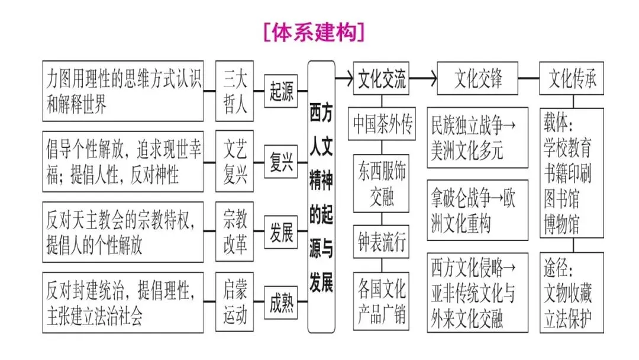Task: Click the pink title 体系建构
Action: (314, 32)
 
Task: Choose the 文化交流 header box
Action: (382, 79)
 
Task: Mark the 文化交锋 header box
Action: (477, 79)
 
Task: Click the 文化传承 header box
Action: (572, 79)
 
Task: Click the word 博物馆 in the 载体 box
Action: (561, 226)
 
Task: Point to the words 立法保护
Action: (568, 320)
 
